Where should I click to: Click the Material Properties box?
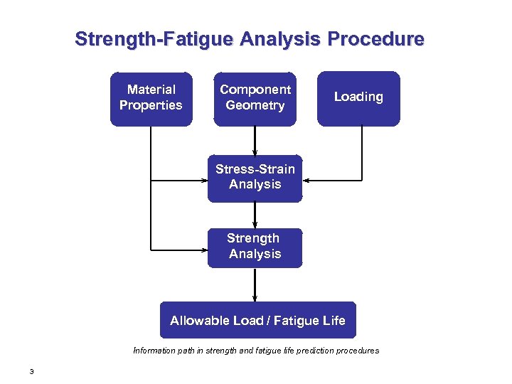[x=151, y=99]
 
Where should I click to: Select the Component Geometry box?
[x=255, y=99]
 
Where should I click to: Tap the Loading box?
[x=358, y=98]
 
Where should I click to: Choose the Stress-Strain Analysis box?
[x=255, y=178]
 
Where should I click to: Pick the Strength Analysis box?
[x=255, y=247]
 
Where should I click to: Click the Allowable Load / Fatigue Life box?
[x=257, y=320]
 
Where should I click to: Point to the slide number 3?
[x=32, y=371]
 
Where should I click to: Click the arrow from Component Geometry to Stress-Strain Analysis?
[x=255, y=141]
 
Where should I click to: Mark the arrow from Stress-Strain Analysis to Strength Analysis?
[x=255, y=215]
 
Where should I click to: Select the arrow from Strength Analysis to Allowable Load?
[x=255, y=284]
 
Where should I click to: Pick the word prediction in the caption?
[x=311, y=351]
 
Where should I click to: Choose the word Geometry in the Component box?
[x=255, y=106]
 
